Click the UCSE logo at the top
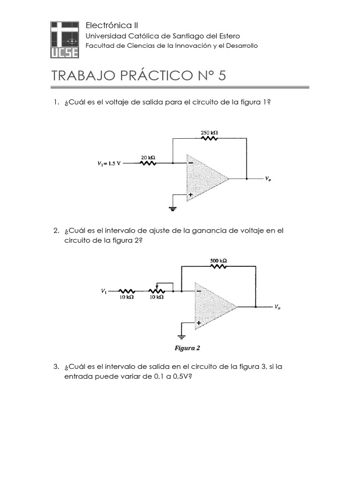tap(65, 39)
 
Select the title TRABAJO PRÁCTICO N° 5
tap(138, 75)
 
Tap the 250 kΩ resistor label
tap(209, 133)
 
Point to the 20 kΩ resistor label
tap(148, 157)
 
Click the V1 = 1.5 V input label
tap(109, 164)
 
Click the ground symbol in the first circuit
tap(173, 208)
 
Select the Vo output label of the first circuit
tap(267, 179)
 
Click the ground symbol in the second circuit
tap(181, 336)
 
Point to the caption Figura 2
tap(187, 348)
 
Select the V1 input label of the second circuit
tap(104, 291)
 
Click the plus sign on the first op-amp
tap(191, 194)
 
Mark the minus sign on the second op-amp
tap(199, 292)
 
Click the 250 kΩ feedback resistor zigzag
tap(209, 139)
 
